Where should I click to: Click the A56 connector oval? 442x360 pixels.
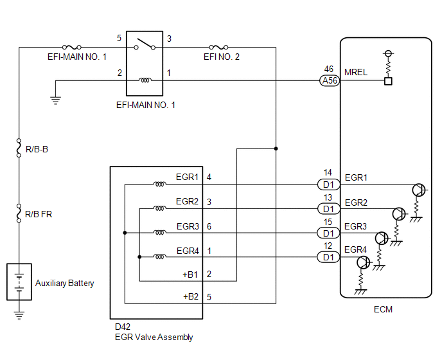tap(329, 81)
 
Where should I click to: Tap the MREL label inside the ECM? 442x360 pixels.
tap(356, 73)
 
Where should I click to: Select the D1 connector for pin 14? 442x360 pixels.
tap(328, 184)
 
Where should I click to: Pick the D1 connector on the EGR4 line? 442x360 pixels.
tap(328, 258)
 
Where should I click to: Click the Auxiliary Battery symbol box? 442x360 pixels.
tap(19, 282)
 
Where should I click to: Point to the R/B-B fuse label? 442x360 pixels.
tap(37, 149)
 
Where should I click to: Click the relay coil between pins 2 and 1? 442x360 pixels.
tap(146, 80)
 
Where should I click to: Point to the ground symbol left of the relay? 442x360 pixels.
tap(55, 100)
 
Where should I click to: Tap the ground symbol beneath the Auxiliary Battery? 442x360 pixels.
tap(19, 315)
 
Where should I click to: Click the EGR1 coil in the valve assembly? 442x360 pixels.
tap(159, 184)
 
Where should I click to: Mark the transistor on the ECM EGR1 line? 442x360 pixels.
tap(418, 190)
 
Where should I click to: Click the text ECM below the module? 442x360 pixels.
tap(383, 309)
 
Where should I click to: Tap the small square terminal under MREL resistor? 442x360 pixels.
tap(387, 81)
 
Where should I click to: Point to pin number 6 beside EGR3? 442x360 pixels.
tap(209, 226)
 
